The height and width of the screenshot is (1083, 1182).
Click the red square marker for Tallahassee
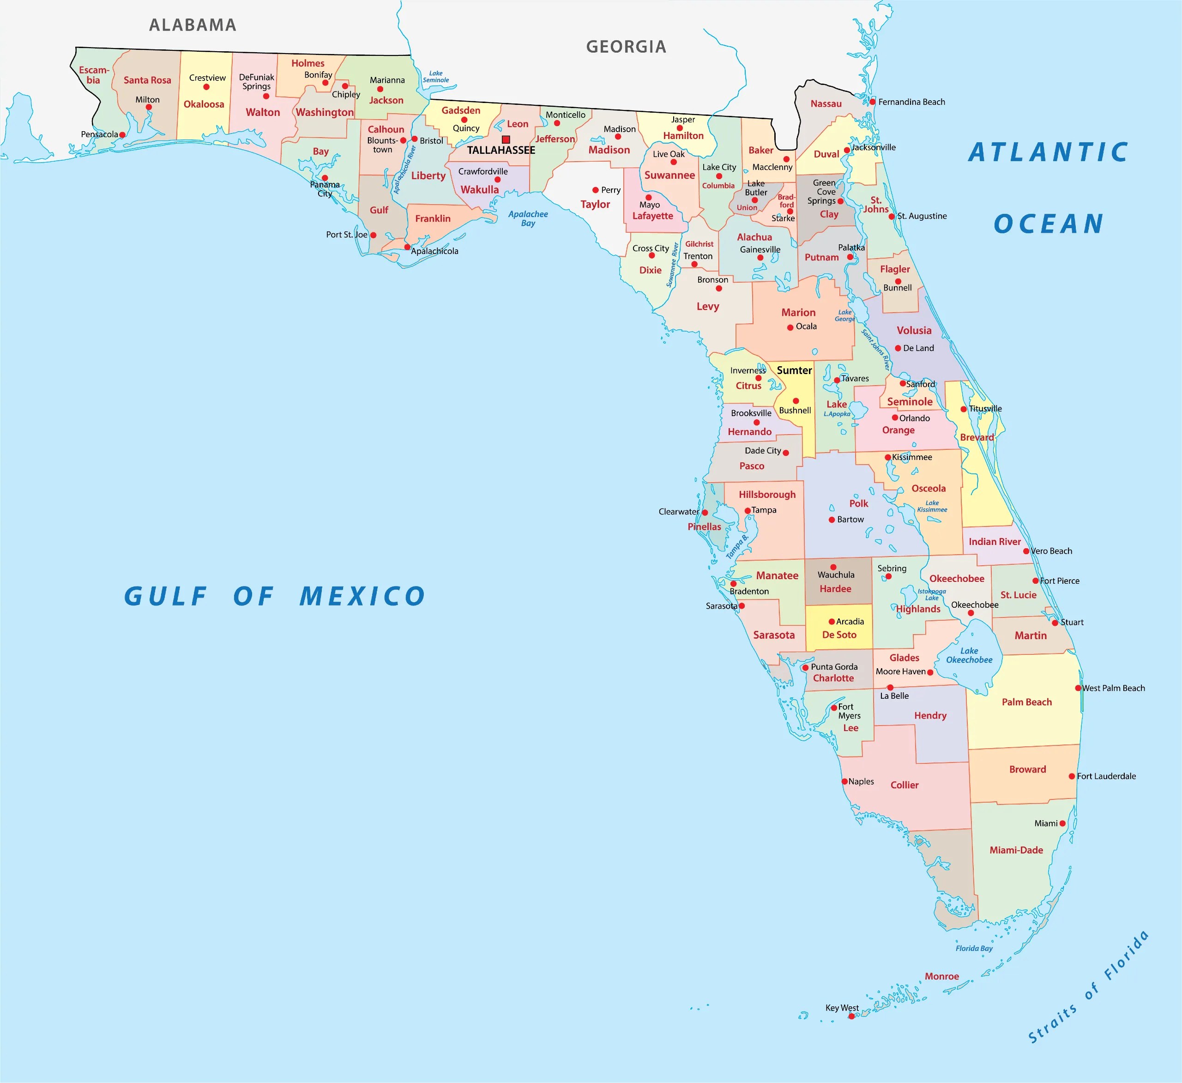click(506, 139)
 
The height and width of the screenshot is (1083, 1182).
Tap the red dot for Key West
click(851, 1016)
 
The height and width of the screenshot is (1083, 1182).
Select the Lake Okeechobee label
click(969, 655)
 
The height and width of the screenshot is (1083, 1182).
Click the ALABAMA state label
click(193, 25)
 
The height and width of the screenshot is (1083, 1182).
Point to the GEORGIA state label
click(626, 47)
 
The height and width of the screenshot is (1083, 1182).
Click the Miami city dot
click(1062, 823)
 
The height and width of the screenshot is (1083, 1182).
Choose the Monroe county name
click(941, 976)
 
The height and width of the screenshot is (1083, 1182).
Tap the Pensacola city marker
click(122, 135)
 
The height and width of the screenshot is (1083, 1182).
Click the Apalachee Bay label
click(528, 218)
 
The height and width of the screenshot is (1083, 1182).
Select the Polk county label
click(858, 503)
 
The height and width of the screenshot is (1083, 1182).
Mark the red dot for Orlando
click(895, 417)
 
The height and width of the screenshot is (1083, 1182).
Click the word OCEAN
click(1048, 224)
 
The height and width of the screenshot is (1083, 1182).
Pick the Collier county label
click(904, 785)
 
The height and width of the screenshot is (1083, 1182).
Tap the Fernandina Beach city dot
click(873, 102)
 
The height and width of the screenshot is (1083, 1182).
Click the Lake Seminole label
click(435, 77)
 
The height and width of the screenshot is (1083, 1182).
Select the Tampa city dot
click(748, 511)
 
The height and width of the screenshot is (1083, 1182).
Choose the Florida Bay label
click(974, 948)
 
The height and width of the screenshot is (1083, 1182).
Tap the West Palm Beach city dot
click(1078, 688)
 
